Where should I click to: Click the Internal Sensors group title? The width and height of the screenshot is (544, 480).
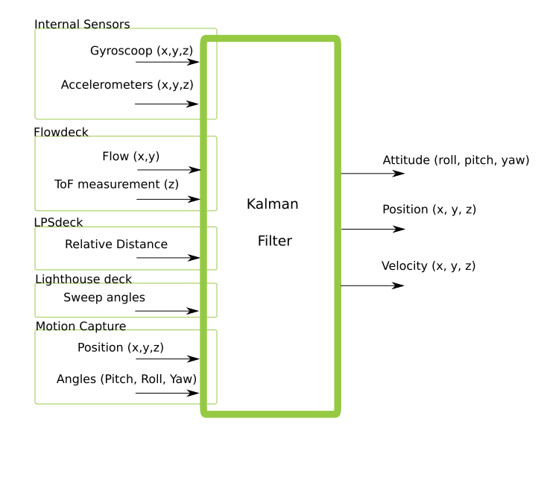tap(82, 25)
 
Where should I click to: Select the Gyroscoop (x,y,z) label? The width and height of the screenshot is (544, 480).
tap(142, 51)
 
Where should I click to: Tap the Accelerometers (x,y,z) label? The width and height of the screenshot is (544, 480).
tap(127, 84)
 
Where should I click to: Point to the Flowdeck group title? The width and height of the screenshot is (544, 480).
tap(60, 133)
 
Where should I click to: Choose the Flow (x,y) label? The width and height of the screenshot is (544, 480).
tap(130, 157)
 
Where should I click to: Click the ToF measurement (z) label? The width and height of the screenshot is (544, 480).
tap(116, 183)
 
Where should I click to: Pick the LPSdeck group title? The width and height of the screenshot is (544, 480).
tap(58, 222)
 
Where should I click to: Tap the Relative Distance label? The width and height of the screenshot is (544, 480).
tap(116, 244)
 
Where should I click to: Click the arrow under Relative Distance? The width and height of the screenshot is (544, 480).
tap(168, 258)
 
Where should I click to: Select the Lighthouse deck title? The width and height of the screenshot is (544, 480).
tap(83, 280)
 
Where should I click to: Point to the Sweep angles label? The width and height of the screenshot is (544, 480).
tap(104, 298)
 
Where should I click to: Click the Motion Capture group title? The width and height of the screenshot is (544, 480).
tap(80, 326)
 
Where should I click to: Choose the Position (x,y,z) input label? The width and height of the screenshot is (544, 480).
tap(121, 347)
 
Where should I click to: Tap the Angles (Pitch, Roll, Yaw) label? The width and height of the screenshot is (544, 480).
tap(127, 379)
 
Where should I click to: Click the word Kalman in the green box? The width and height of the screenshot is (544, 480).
tap(273, 204)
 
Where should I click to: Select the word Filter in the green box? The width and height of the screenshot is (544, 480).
tap(274, 241)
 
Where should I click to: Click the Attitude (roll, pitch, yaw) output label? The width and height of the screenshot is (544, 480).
tap(456, 160)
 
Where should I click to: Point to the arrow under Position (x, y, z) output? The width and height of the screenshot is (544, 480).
tap(373, 229)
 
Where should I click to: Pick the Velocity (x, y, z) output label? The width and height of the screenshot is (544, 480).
tap(428, 266)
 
